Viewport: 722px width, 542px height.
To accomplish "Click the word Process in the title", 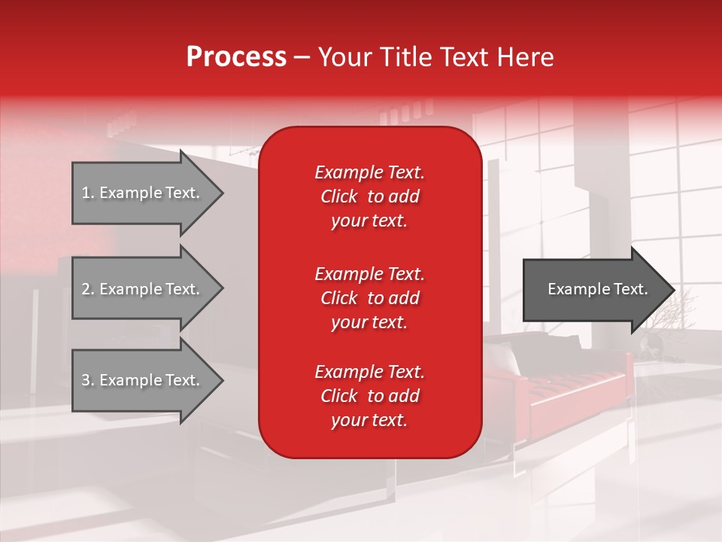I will click(x=236, y=57).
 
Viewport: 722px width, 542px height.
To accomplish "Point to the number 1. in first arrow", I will click(x=88, y=193).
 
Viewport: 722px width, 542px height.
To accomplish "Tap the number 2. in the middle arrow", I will click(x=88, y=289).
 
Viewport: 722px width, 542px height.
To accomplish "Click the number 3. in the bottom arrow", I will click(x=88, y=380).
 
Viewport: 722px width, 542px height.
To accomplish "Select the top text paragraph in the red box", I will click(x=369, y=196).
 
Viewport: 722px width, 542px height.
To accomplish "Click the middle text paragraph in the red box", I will click(x=369, y=298).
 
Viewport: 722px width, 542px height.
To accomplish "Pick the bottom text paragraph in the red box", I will click(x=369, y=396).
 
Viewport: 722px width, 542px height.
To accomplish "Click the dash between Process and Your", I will click(x=302, y=57).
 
